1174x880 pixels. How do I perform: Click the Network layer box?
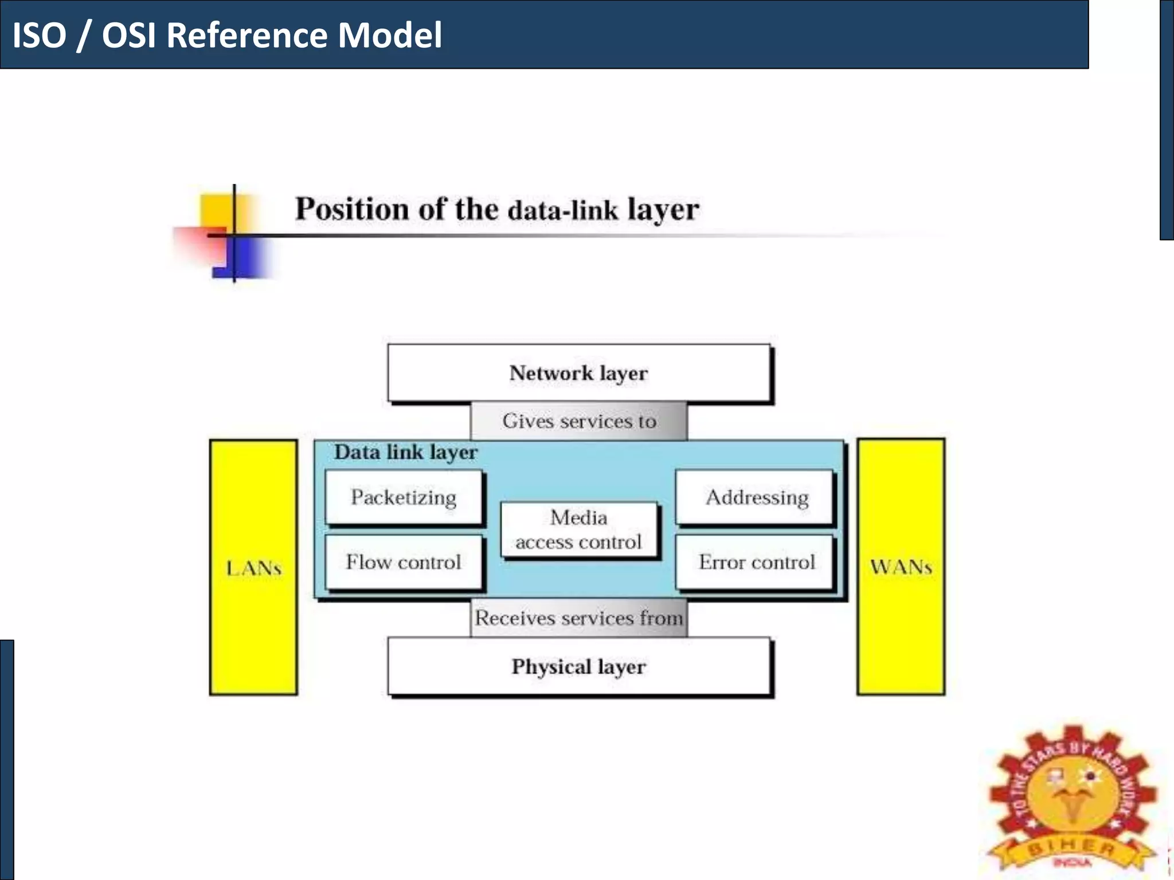578,373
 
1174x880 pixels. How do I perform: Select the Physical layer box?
578,667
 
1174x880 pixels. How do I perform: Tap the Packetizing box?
404,497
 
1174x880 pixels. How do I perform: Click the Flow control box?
404,562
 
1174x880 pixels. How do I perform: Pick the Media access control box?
578,529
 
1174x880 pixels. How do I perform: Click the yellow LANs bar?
253,567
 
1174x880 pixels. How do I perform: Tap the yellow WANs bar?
901,567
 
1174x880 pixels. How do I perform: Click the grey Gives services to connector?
578,421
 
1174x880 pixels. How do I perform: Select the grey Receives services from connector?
578,618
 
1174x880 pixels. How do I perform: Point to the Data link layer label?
405,453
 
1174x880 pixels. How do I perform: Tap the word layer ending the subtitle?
663,210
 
